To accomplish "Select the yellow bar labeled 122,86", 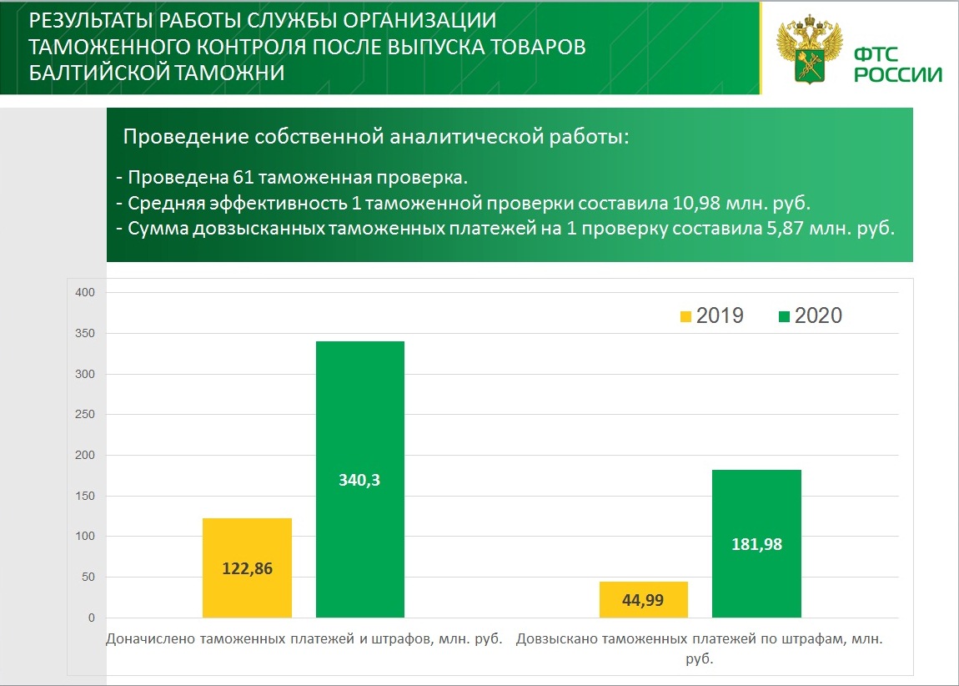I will (x=247, y=567).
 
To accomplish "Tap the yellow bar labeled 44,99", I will (x=643, y=599).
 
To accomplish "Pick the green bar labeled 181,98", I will (x=757, y=543).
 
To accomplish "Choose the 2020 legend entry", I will (x=810, y=315).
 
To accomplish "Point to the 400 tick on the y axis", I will (x=87, y=292).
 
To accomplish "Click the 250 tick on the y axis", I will (x=87, y=415).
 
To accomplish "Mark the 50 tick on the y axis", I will (x=89, y=578).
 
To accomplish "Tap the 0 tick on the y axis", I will (x=92, y=618).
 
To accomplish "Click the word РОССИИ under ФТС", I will (x=897, y=74).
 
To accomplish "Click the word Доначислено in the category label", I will (x=148, y=640).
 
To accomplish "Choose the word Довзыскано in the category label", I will (x=556, y=640).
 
